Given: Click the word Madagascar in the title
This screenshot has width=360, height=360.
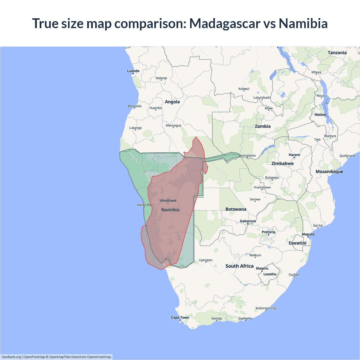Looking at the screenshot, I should click(224, 24).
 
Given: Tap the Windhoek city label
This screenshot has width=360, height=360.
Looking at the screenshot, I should click(168, 201).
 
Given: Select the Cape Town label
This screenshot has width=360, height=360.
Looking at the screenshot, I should click(180, 318).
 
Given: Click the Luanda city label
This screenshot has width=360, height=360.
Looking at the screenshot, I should click(133, 71).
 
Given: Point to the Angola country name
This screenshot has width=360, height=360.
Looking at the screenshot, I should click(172, 102).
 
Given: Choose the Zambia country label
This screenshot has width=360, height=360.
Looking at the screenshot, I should click(263, 126).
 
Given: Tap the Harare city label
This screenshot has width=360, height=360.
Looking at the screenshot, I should click(294, 155).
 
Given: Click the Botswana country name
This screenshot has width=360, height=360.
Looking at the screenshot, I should click(236, 209).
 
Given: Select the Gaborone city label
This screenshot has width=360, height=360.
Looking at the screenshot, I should click(248, 221).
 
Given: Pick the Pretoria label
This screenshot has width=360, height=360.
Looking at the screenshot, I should click(268, 232).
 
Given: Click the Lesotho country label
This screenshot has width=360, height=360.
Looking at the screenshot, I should click(270, 274).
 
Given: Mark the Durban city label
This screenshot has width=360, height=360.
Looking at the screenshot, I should click(294, 275).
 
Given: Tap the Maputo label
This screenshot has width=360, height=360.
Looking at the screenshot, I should click(308, 234).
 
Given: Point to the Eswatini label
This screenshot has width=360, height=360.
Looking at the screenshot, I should click(297, 243).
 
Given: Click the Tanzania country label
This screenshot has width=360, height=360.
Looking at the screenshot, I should click(337, 53).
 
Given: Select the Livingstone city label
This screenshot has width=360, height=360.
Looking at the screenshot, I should click(247, 156).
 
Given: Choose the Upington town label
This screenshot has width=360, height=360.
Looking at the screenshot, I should click(206, 260).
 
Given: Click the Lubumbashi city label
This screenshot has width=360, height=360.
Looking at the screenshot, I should click(262, 98).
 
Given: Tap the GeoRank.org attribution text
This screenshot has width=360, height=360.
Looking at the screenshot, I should click(11, 357).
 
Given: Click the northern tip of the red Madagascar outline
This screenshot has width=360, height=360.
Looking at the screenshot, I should click(196, 137).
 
